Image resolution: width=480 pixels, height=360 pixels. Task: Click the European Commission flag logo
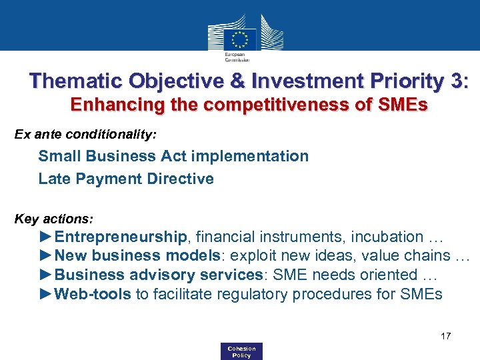240,39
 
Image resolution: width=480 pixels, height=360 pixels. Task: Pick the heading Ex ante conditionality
86,135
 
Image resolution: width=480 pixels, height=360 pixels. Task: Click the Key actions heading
54,219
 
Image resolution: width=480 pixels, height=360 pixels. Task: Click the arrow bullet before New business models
46,255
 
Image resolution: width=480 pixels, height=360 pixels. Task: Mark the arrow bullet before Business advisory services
46,275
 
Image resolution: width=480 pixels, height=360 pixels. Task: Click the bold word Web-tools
93,294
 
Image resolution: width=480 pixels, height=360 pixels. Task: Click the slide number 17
445,336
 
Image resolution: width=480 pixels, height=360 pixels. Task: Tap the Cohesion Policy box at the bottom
241,351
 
